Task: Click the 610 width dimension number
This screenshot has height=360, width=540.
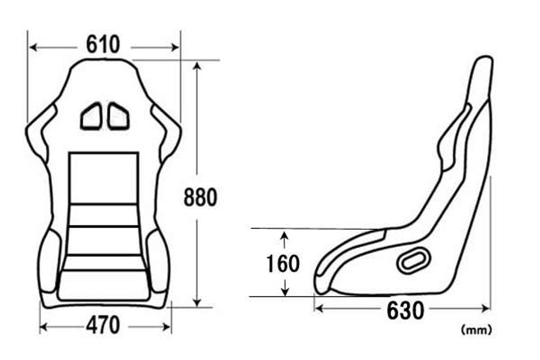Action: click(103, 45)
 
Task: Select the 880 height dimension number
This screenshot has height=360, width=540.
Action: click(200, 197)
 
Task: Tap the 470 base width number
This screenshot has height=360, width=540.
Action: click(103, 326)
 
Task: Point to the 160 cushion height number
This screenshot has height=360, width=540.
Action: click(283, 264)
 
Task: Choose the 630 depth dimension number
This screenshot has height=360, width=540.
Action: click(405, 311)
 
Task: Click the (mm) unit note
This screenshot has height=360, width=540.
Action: click(476, 330)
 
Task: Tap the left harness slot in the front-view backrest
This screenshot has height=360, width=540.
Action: click(91, 117)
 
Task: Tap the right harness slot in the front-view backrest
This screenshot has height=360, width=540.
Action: click(118, 117)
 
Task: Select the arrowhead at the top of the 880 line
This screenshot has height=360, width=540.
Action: click(197, 65)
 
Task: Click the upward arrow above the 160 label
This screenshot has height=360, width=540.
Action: click(284, 237)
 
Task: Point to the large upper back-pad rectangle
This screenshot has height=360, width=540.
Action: click(104, 178)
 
